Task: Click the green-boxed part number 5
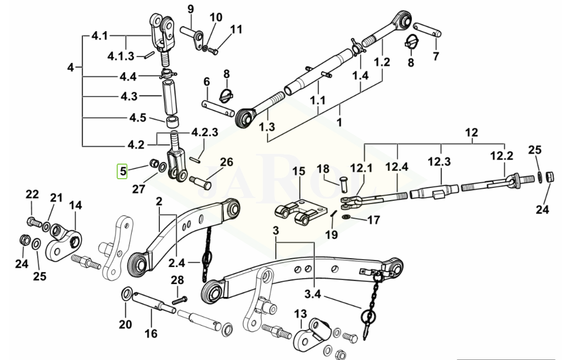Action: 123,172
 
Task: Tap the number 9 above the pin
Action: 190,9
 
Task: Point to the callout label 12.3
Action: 439,161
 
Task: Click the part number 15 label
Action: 298,171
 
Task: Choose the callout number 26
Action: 227,162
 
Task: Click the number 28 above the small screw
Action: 177,280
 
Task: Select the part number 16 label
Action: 152,334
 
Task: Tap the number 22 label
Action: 32,194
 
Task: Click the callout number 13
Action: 300,313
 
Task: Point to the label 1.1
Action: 318,100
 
